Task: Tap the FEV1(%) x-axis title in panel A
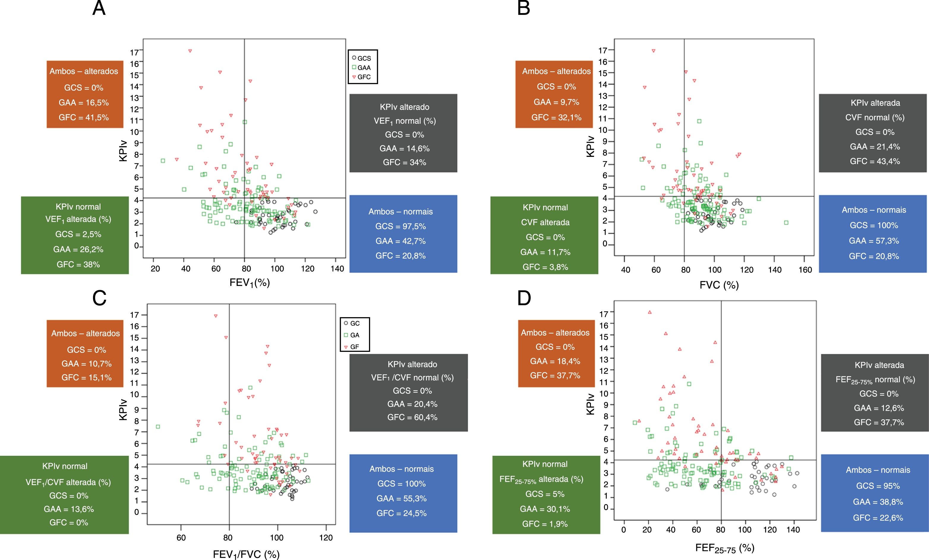[x=250, y=283]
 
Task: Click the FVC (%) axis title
[x=719, y=285]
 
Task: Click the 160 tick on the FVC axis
[x=805, y=270]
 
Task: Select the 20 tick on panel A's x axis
[x=155, y=268]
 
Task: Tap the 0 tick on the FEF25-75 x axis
[x=624, y=529]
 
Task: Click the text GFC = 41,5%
[x=84, y=117]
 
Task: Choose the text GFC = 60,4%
[x=412, y=417]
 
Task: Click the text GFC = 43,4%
[x=875, y=161]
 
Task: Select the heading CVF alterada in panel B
[x=545, y=222]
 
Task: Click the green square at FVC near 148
[x=786, y=223]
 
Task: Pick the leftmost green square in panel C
[x=158, y=427]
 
